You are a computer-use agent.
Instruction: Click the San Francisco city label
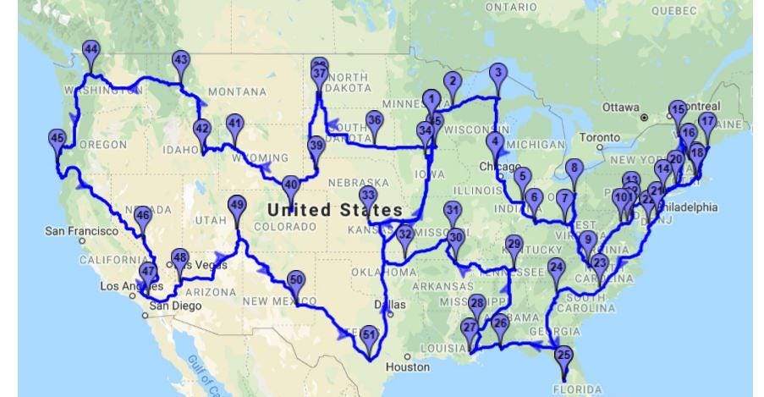(x=81, y=230)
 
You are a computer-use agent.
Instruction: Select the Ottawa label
(x=620, y=108)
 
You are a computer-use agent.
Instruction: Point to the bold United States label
(x=335, y=209)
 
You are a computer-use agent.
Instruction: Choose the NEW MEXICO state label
(x=279, y=301)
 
